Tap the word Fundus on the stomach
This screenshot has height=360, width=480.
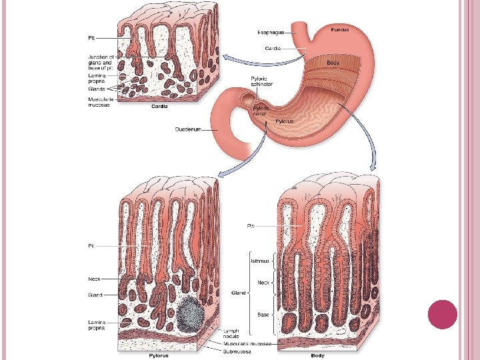339,29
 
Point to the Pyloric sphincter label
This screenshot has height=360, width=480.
259,82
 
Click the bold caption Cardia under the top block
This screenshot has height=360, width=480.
159,106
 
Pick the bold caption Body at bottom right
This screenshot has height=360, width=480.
318,355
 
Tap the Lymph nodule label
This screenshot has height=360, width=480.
231,333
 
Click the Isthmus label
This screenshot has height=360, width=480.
260,261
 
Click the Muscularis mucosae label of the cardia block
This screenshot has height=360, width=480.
101,101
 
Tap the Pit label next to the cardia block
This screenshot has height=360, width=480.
92,37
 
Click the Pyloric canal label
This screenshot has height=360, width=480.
261,111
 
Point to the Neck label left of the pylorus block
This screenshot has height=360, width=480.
94,279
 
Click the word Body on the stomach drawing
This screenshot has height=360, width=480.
333,62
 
